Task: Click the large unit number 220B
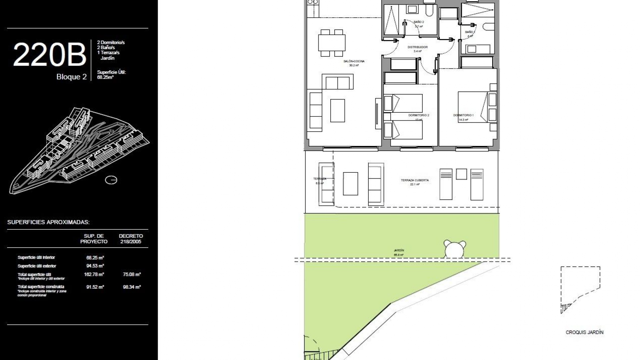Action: pyautogui.click(x=50, y=54)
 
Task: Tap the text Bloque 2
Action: pyautogui.click(x=71, y=77)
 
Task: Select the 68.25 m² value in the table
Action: pyautogui.click(x=95, y=258)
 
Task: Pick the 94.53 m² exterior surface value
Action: pyautogui.click(x=95, y=266)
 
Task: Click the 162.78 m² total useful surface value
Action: pyautogui.click(x=94, y=275)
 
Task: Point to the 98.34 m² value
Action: pyautogui.click(x=132, y=287)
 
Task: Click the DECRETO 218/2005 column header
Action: pyautogui.click(x=131, y=239)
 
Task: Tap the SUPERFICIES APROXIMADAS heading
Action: pyautogui.click(x=48, y=222)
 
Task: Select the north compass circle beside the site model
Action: pyautogui.click(x=111, y=180)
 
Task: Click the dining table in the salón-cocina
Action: pyautogui.click(x=332, y=43)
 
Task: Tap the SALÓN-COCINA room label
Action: pyautogui.click(x=354, y=61)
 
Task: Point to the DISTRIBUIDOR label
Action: pyautogui.click(x=417, y=47)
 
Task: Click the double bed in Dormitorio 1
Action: pyautogui.click(x=472, y=107)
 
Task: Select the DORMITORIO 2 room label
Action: pyautogui.click(x=418, y=115)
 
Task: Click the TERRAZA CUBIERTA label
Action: pyautogui.click(x=415, y=180)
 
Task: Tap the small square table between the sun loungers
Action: pyautogui.click(x=461, y=174)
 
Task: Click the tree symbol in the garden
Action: pyautogui.click(x=454, y=249)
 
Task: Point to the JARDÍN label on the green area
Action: pyautogui.click(x=399, y=250)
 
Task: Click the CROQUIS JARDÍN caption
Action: pyautogui.click(x=584, y=332)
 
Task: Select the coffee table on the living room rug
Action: pyautogui.click(x=337, y=110)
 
